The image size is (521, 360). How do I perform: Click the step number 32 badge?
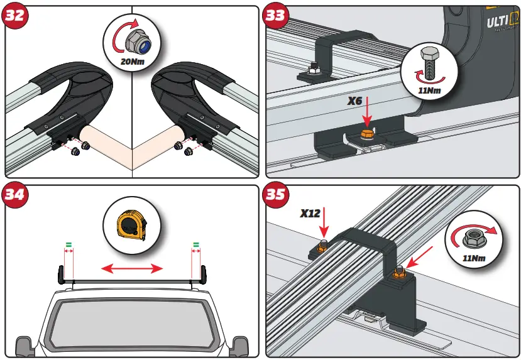point(14,15)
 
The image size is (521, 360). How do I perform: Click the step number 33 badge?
point(275,15)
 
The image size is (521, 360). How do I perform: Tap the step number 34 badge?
point(14,194)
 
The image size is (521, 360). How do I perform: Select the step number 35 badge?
point(275,194)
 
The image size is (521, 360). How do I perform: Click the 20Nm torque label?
point(133,62)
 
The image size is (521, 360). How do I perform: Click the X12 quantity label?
point(310,213)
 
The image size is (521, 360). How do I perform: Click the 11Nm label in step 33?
point(429,90)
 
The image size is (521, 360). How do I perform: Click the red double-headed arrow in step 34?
point(133,269)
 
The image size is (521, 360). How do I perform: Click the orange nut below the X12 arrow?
point(321,248)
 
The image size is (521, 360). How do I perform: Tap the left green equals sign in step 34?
point(69,244)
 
